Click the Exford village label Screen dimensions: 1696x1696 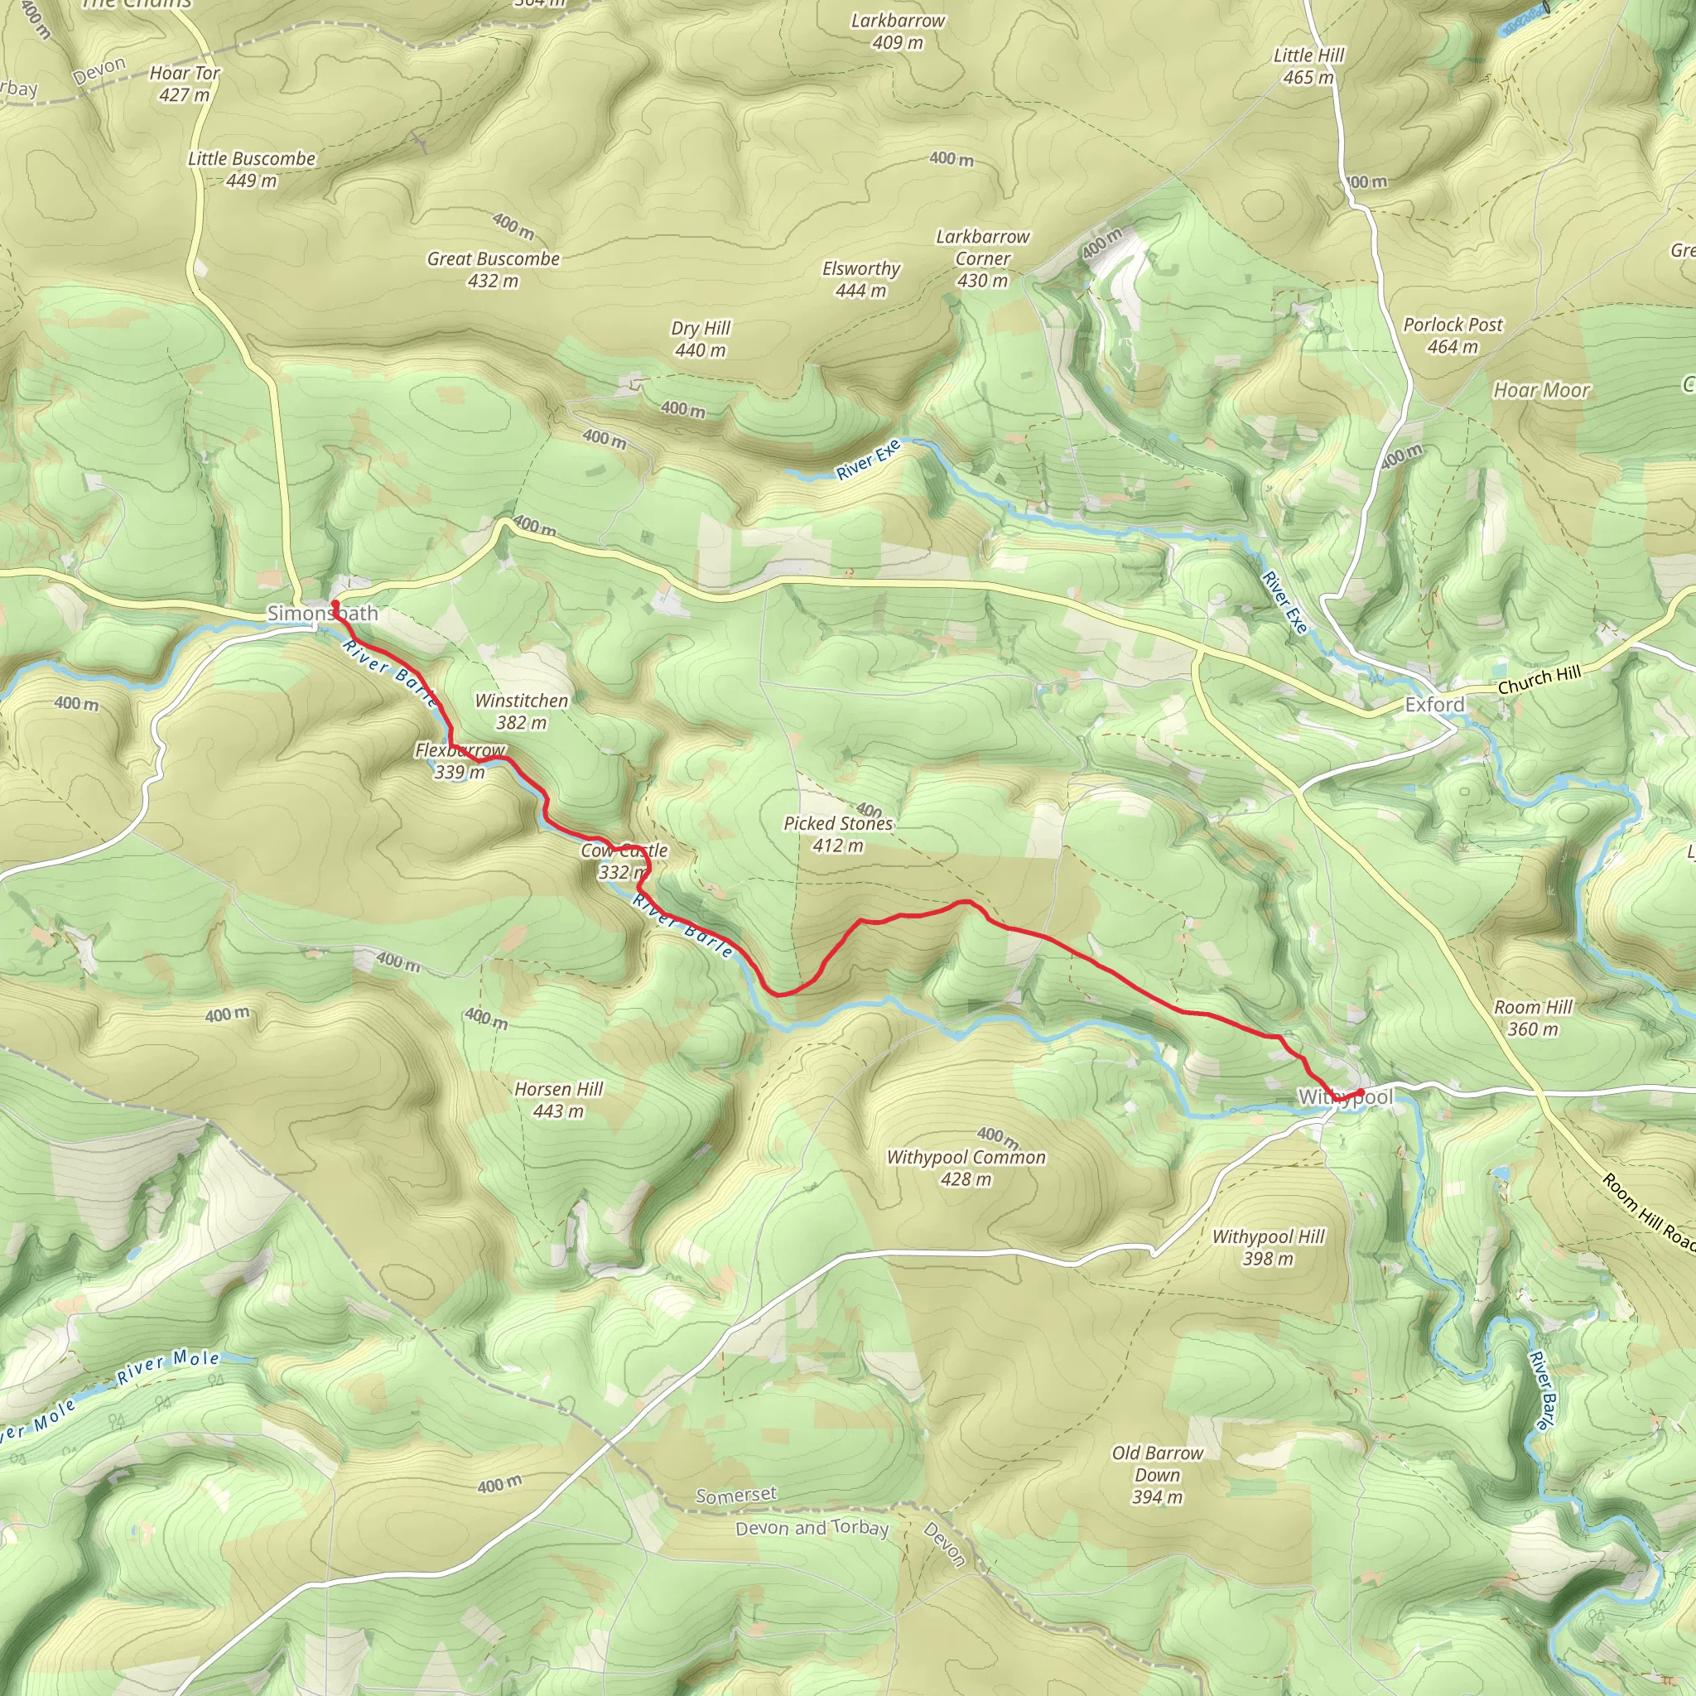coord(1434,705)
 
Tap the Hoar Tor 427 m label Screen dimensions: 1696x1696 coord(185,84)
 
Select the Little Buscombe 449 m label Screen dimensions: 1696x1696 coord(251,170)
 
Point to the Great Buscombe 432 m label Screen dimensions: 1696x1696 coord(494,269)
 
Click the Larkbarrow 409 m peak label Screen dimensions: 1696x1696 coord(898,31)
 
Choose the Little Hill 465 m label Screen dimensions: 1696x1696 coord(1309,67)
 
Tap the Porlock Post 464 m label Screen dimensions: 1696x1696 coord(1453,335)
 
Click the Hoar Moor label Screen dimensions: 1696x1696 coord(1541,391)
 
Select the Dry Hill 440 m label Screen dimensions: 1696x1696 coord(701,339)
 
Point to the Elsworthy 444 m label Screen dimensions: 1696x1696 coord(861,279)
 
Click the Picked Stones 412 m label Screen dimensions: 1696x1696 coord(838,834)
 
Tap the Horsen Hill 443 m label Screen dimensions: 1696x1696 coord(558,1100)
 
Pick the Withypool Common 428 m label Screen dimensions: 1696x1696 coord(966,1168)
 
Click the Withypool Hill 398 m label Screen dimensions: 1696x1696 coord(1269,1247)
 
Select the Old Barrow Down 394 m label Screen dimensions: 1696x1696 coord(1157,1475)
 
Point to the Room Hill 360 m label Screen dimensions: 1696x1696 coord(1533,1018)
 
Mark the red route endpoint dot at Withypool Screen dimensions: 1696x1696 coord(1360,1092)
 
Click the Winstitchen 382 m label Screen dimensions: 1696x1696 coord(522,711)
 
